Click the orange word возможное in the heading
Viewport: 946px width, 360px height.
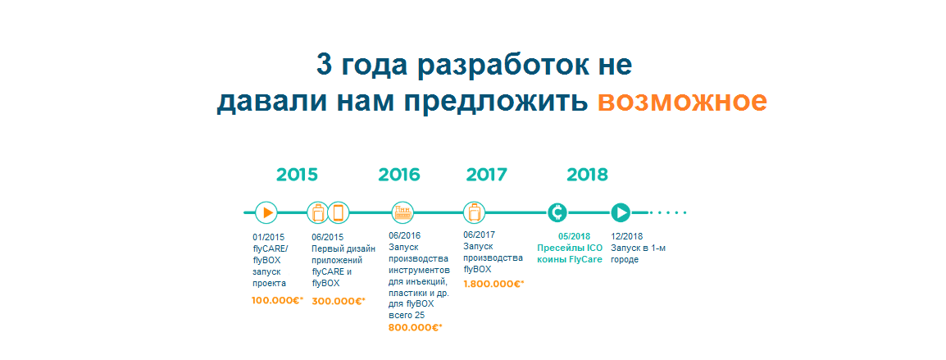[x=682, y=102]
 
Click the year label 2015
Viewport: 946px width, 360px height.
[x=297, y=175]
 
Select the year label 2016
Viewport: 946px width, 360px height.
[x=398, y=175]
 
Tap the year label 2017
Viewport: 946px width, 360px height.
[x=487, y=175]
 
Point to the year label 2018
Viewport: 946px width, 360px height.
[x=588, y=175]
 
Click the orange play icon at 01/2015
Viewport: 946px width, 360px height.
[x=266, y=212]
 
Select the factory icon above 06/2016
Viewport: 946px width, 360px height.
[x=403, y=212]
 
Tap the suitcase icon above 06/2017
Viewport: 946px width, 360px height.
[x=474, y=212]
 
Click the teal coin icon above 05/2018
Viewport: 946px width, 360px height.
[x=557, y=212]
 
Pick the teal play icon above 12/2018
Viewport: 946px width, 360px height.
[x=621, y=212]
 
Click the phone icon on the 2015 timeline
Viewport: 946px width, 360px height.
[x=339, y=212]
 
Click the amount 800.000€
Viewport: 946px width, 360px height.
[x=416, y=327]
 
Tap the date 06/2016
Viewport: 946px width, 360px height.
[x=405, y=235]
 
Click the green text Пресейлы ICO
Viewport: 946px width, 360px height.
[x=570, y=248]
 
